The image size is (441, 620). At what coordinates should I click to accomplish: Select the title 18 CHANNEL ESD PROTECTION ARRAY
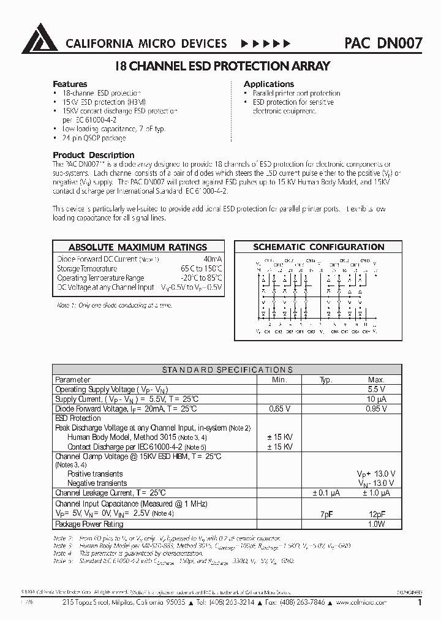[x=223, y=66]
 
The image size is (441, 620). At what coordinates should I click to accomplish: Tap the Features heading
[x=70, y=84]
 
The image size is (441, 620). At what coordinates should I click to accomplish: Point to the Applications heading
[x=269, y=84]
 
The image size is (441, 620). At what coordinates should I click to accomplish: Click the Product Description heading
[x=93, y=155]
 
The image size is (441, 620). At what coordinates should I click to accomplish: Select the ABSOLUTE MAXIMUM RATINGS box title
[x=137, y=248]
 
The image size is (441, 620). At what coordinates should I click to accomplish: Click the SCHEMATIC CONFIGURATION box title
[x=318, y=248]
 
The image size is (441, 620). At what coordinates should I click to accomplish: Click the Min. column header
[x=280, y=380]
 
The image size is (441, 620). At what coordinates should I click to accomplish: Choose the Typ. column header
[x=326, y=380]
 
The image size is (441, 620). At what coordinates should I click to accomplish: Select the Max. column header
[x=376, y=380]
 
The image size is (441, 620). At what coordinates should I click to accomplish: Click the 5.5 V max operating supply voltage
[x=376, y=390]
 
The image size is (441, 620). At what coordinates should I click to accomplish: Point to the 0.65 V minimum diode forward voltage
[x=280, y=409]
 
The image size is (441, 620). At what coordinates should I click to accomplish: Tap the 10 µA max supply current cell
[x=376, y=399]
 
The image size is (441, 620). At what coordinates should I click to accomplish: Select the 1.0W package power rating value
[x=376, y=524]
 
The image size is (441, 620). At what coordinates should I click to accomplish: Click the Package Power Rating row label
[x=89, y=524]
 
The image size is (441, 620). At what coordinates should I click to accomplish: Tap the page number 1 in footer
[x=420, y=603]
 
